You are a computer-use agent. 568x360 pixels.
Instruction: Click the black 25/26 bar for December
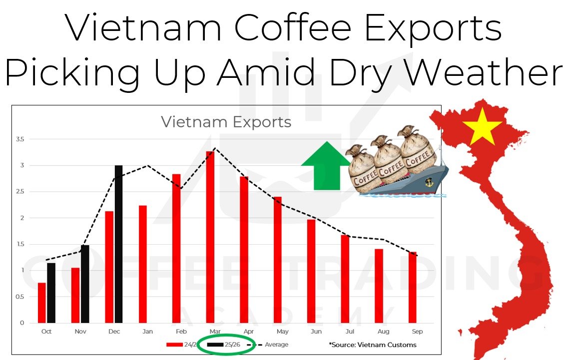pyautogui.click(x=118, y=244)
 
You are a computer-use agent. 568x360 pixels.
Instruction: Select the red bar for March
pyautogui.click(x=210, y=237)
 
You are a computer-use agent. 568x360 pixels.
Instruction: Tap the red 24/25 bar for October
pyautogui.click(x=42, y=303)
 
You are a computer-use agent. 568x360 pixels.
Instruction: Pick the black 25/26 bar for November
pyautogui.click(x=85, y=284)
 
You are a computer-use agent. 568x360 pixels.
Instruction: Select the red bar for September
pyautogui.click(x=412, y=287)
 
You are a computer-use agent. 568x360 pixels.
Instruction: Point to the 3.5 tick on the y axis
pyautogui.click(x=20, y=139)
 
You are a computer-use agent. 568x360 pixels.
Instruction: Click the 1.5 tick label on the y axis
pyautogui.click(x=20, y=244)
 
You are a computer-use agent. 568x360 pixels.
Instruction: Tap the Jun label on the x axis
pyautogui.click(x=311, y=332)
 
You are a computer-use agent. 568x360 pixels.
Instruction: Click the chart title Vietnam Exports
pyautogui.click(x=226, y=122)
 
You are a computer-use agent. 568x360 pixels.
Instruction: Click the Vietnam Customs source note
pyautogui.click(x=373, y=345)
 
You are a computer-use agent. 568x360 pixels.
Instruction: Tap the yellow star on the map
pyautogui.click(x=482, y=126)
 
